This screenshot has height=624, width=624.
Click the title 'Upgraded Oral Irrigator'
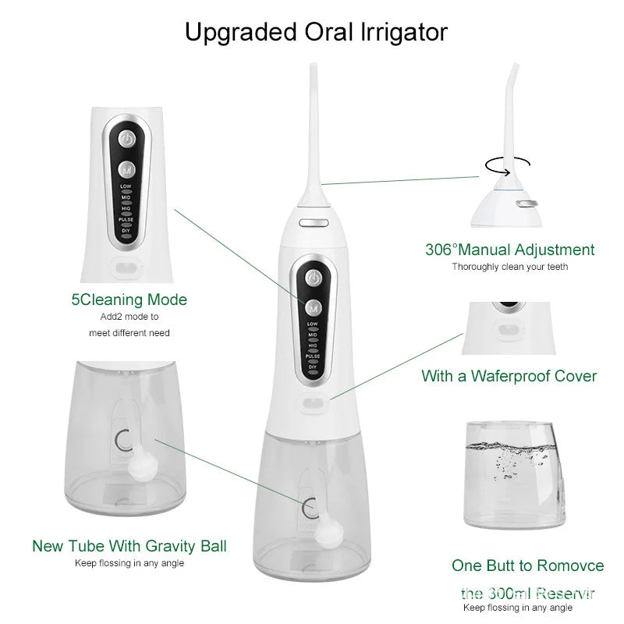coord(316,32)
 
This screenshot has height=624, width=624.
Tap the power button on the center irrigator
coord(313,278)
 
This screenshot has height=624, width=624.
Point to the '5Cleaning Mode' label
coord(129,300)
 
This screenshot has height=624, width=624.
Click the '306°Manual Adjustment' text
coord(509,250)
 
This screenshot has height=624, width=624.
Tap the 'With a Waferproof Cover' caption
coord(509,376)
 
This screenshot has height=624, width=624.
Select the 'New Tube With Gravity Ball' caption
coord(129,546)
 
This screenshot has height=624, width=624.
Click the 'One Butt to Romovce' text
coord(528,565)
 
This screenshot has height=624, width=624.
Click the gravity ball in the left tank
coord(141,468)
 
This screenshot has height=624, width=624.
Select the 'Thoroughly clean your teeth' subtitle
coord(510,267)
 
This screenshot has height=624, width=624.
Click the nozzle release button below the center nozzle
coord(312,222)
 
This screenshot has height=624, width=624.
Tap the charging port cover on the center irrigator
coord(314,405)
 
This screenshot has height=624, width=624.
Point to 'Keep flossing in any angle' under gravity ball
coord(129,563)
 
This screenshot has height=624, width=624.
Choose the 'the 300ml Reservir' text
coord(528,593)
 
